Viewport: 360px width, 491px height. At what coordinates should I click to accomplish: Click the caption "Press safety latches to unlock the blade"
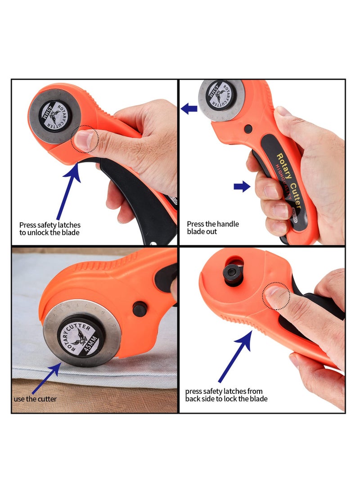[x=49, y=229]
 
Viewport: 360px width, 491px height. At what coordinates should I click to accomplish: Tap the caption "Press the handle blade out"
[x=213, y=228]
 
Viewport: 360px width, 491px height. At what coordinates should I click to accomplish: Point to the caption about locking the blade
[x=226, y=395]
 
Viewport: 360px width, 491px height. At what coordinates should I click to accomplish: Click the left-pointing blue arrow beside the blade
[x=189, y=108]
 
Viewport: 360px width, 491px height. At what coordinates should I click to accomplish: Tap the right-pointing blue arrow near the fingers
[x=242, y=186]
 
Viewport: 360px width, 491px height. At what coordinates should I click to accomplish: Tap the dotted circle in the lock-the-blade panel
[x=276, y=296]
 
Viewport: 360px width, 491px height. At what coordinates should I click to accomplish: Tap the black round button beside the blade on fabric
[x=139, y=309]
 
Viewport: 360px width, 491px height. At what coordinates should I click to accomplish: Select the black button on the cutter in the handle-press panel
[x=248, y=129]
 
